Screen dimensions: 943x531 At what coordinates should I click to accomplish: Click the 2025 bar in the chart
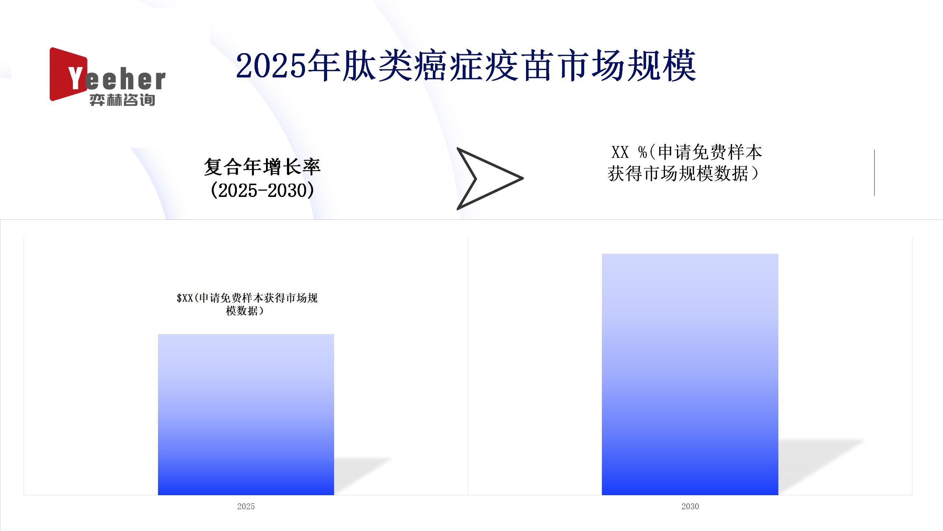point(246,414)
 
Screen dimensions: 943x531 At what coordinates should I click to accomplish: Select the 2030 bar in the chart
point(690,374)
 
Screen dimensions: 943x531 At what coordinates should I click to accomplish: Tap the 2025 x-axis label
point(246,506)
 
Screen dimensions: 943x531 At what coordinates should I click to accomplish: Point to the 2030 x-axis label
point(690,506)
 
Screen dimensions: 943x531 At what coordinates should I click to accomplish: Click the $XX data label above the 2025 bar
point(247,304)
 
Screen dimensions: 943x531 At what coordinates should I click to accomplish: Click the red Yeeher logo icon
point(69,74)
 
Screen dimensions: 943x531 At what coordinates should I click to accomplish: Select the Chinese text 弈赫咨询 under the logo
point(122,100)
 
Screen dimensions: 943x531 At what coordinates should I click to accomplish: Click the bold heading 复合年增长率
point(262,167)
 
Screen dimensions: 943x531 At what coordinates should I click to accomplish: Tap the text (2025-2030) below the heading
point(262,190)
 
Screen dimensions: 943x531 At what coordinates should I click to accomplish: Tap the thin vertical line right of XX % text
point(874,173)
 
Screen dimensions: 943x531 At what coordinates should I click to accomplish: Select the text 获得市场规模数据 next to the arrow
point(677,174)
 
